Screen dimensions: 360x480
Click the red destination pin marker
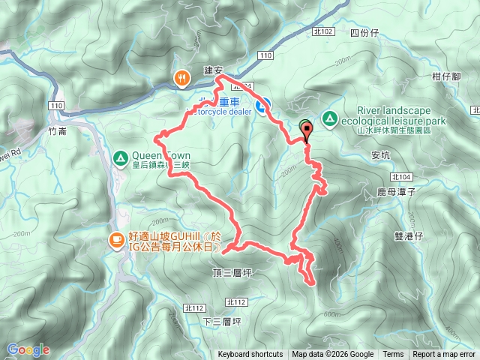coord(306,131)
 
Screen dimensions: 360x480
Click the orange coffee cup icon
coord(116,240)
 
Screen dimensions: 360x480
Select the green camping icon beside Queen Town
coord(119,158)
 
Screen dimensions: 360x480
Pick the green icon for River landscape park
coord(329,118)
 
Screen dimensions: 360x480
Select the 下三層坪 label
coord(220,321)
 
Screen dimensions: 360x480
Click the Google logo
coord(28,349)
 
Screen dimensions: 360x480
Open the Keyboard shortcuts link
coord(250,355)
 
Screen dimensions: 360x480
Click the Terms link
coord(393,355)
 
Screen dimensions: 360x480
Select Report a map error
coord(444,355)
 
